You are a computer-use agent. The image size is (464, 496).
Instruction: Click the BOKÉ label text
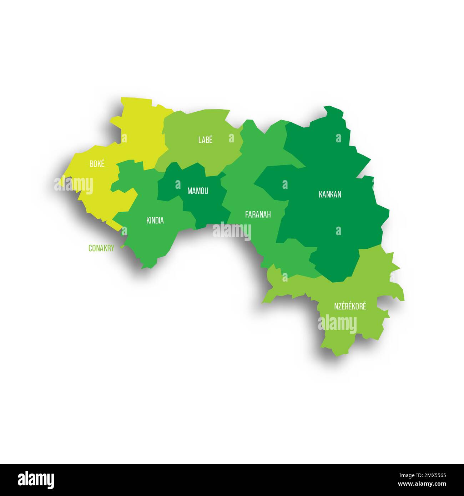(x=97, y=164)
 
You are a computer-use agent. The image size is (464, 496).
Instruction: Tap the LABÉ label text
(x=205, y=140)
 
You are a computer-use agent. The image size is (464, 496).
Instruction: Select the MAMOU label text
(x=198, y=191)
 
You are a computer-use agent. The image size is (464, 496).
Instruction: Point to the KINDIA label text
(x=155, y=221)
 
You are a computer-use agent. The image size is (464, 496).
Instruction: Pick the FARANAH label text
(x=258, y=214)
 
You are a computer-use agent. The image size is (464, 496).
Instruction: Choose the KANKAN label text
(x=330, y=194)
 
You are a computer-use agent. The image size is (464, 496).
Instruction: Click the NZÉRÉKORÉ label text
(x=350, y=306)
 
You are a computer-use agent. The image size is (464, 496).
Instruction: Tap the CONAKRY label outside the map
(x=101, y=248)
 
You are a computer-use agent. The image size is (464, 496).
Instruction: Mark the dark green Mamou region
(x=207, y=207)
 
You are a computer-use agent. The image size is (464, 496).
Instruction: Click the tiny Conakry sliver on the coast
(x=122, y=246)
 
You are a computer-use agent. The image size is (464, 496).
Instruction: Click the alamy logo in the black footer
(x=36, y=480)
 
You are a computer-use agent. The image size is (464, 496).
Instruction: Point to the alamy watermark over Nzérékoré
(x=337, y=324)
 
